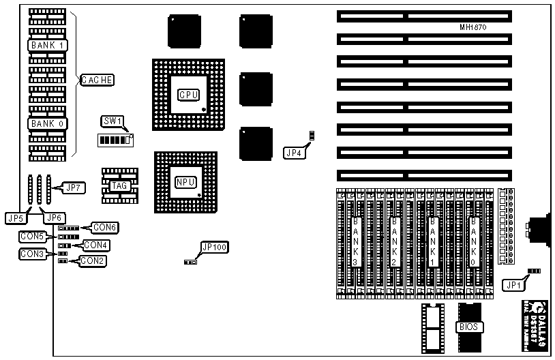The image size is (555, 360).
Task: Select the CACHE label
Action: click(97, 80)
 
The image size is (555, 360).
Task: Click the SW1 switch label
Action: click(112, 121)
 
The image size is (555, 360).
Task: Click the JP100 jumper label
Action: click(211, 247)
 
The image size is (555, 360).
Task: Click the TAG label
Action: click(119, 185)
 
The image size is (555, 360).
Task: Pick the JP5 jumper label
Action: click(15, 218)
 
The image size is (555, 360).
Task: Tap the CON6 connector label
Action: click(106, 226)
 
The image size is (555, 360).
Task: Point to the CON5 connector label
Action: click(31, 237)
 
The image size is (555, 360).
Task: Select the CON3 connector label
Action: click(31, 254)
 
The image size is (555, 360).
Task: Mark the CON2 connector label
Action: click(93, 260)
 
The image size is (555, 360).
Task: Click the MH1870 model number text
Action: click(473, 27)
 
